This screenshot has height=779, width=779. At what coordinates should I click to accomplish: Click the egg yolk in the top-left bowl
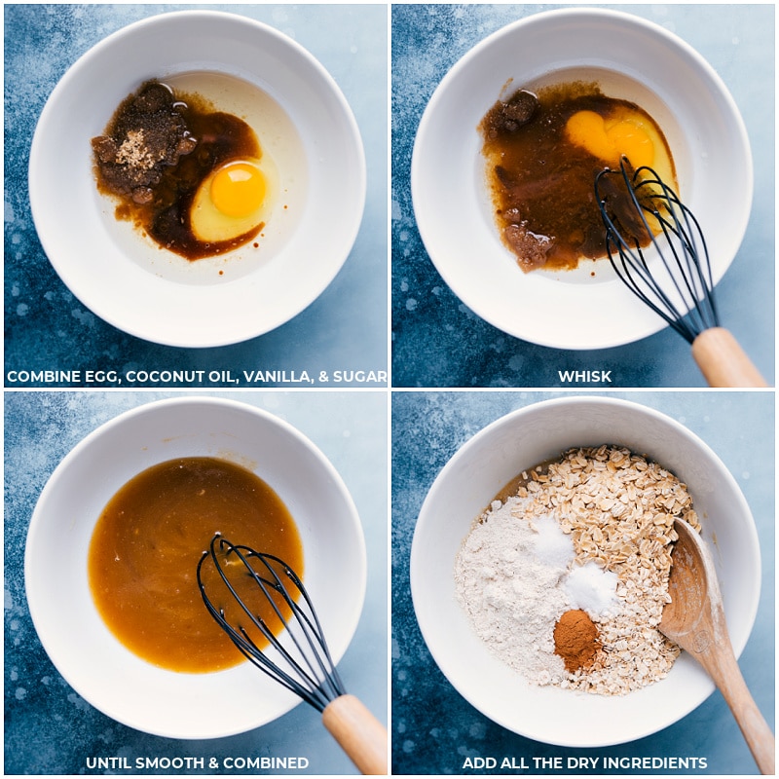[239, 190]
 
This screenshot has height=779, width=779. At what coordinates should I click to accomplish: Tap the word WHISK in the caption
[585, 377]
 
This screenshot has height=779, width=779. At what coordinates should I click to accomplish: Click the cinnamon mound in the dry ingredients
[576, 640]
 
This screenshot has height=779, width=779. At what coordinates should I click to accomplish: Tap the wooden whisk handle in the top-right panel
[727, 356]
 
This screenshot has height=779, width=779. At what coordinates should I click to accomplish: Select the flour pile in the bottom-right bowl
[512, 586]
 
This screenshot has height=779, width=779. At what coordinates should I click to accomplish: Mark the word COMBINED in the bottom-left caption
[266, 762]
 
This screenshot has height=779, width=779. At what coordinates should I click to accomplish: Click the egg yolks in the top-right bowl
[611, 135]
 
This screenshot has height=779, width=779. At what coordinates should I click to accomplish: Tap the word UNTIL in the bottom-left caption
[108, 762]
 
